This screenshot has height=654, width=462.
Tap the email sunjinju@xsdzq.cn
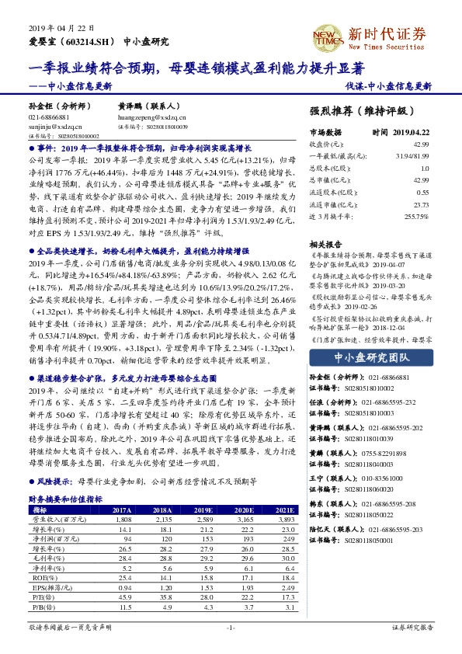pos(52,123)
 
